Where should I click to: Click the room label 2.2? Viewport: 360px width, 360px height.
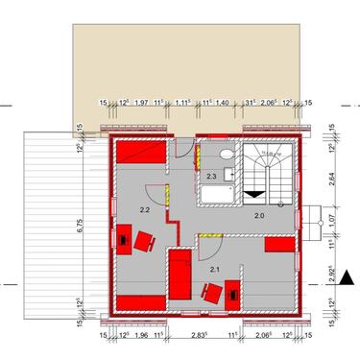(x=145, y=208)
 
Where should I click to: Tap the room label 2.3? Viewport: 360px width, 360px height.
(x=211, y=177)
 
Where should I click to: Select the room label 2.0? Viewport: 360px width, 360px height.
(x=258, y=216)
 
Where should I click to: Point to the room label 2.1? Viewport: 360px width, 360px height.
(x=214, y=270)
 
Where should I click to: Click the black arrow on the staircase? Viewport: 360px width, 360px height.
(x=254, y=193)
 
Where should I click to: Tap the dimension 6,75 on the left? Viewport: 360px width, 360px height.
(x=83, y=226)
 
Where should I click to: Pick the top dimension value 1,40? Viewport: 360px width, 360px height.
(x=220, y=102)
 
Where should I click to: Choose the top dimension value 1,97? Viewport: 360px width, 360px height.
(x=141, y=102)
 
